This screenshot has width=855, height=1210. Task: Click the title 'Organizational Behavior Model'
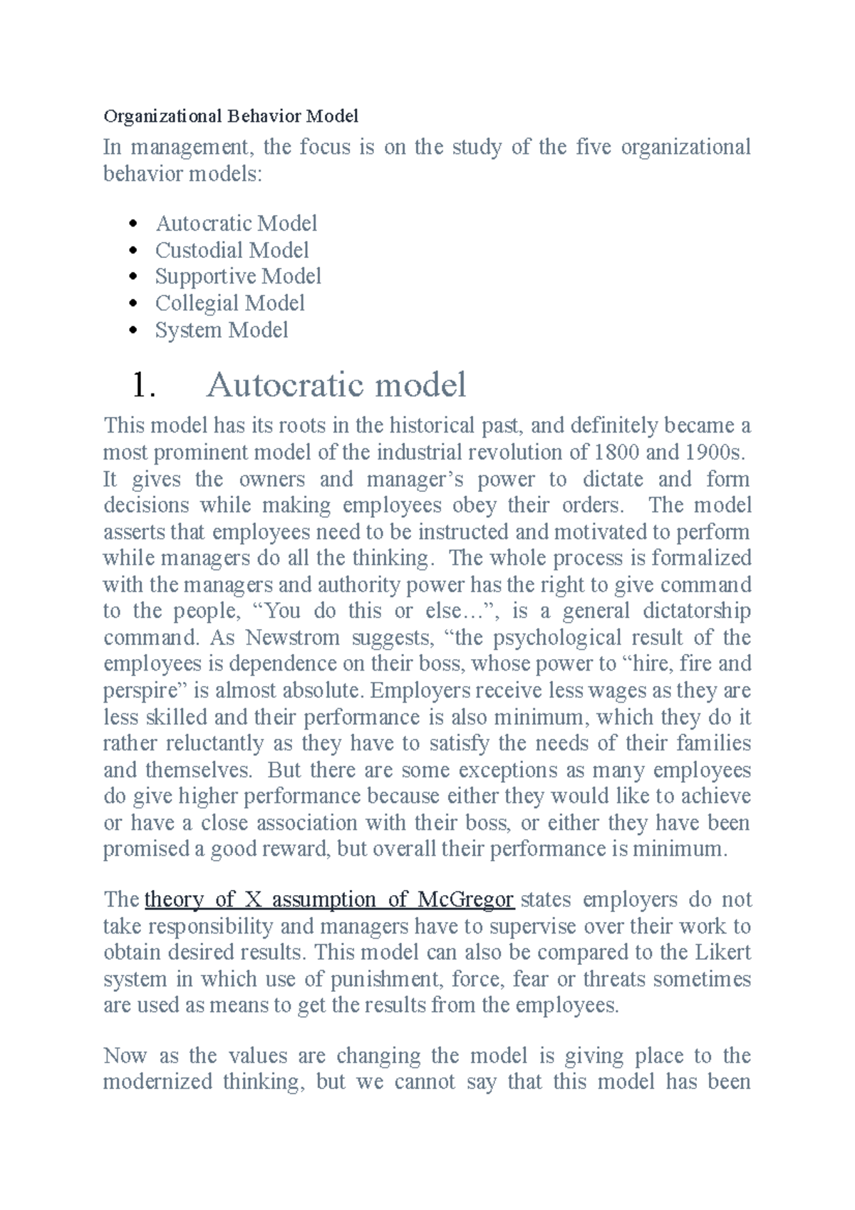tap(231, 116)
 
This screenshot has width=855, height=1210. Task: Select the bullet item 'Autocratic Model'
tap(236, 224)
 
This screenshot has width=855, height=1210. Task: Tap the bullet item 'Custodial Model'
tap(232, 250)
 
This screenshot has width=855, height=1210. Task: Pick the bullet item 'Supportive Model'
tap(238, 276)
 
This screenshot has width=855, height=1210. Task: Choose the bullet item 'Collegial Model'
tap(229, 304)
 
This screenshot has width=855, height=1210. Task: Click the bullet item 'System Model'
tap(222, 331)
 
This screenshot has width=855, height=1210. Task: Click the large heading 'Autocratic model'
tap(336, 386)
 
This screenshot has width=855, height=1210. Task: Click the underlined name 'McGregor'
tap(466, 899)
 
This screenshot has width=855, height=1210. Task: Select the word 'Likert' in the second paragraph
tap(723, 953)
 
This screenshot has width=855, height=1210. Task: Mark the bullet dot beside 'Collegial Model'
tap(133, 304)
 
